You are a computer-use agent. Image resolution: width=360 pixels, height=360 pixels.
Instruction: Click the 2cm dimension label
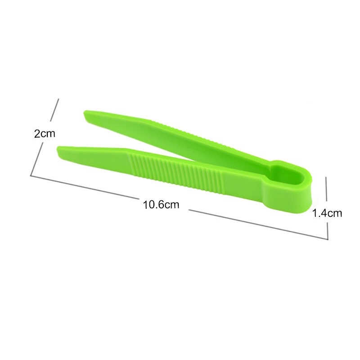tap(45, 134)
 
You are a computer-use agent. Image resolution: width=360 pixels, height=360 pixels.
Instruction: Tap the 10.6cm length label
tap(161, 205)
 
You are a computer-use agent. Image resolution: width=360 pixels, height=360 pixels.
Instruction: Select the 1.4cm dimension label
tap(327, 213)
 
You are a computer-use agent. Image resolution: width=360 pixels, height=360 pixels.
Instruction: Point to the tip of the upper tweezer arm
tap(84, 113)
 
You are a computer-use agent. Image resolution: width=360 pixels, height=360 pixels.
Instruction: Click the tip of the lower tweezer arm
tap(58, 150)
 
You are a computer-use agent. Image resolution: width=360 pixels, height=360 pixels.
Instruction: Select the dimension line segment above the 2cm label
tap(54, 110)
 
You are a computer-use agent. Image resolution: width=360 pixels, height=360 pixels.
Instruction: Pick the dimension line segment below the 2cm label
tap(37, 159)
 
